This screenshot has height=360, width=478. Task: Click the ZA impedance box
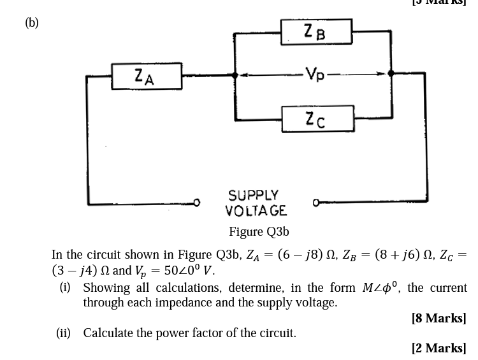coord(146,76)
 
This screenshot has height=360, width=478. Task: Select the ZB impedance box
coord(315,31)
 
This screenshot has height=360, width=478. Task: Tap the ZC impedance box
coord(315,119)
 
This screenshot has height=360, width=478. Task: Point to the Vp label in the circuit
coord(315,74)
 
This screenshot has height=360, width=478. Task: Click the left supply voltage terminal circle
coord(197,203)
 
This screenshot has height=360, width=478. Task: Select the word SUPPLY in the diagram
coord(254,194)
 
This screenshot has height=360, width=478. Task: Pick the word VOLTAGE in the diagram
coord(256,210)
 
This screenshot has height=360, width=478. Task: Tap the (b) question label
coord(32,23)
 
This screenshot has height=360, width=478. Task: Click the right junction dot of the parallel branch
coord(391,74)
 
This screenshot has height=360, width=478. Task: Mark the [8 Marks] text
coord(439,318)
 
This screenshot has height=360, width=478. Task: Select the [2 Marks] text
coord(439,348)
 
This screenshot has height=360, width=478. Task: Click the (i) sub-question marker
coord(65,288)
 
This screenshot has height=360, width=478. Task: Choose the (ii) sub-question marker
coord(64,333)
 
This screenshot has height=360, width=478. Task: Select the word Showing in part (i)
coord(106,288)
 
